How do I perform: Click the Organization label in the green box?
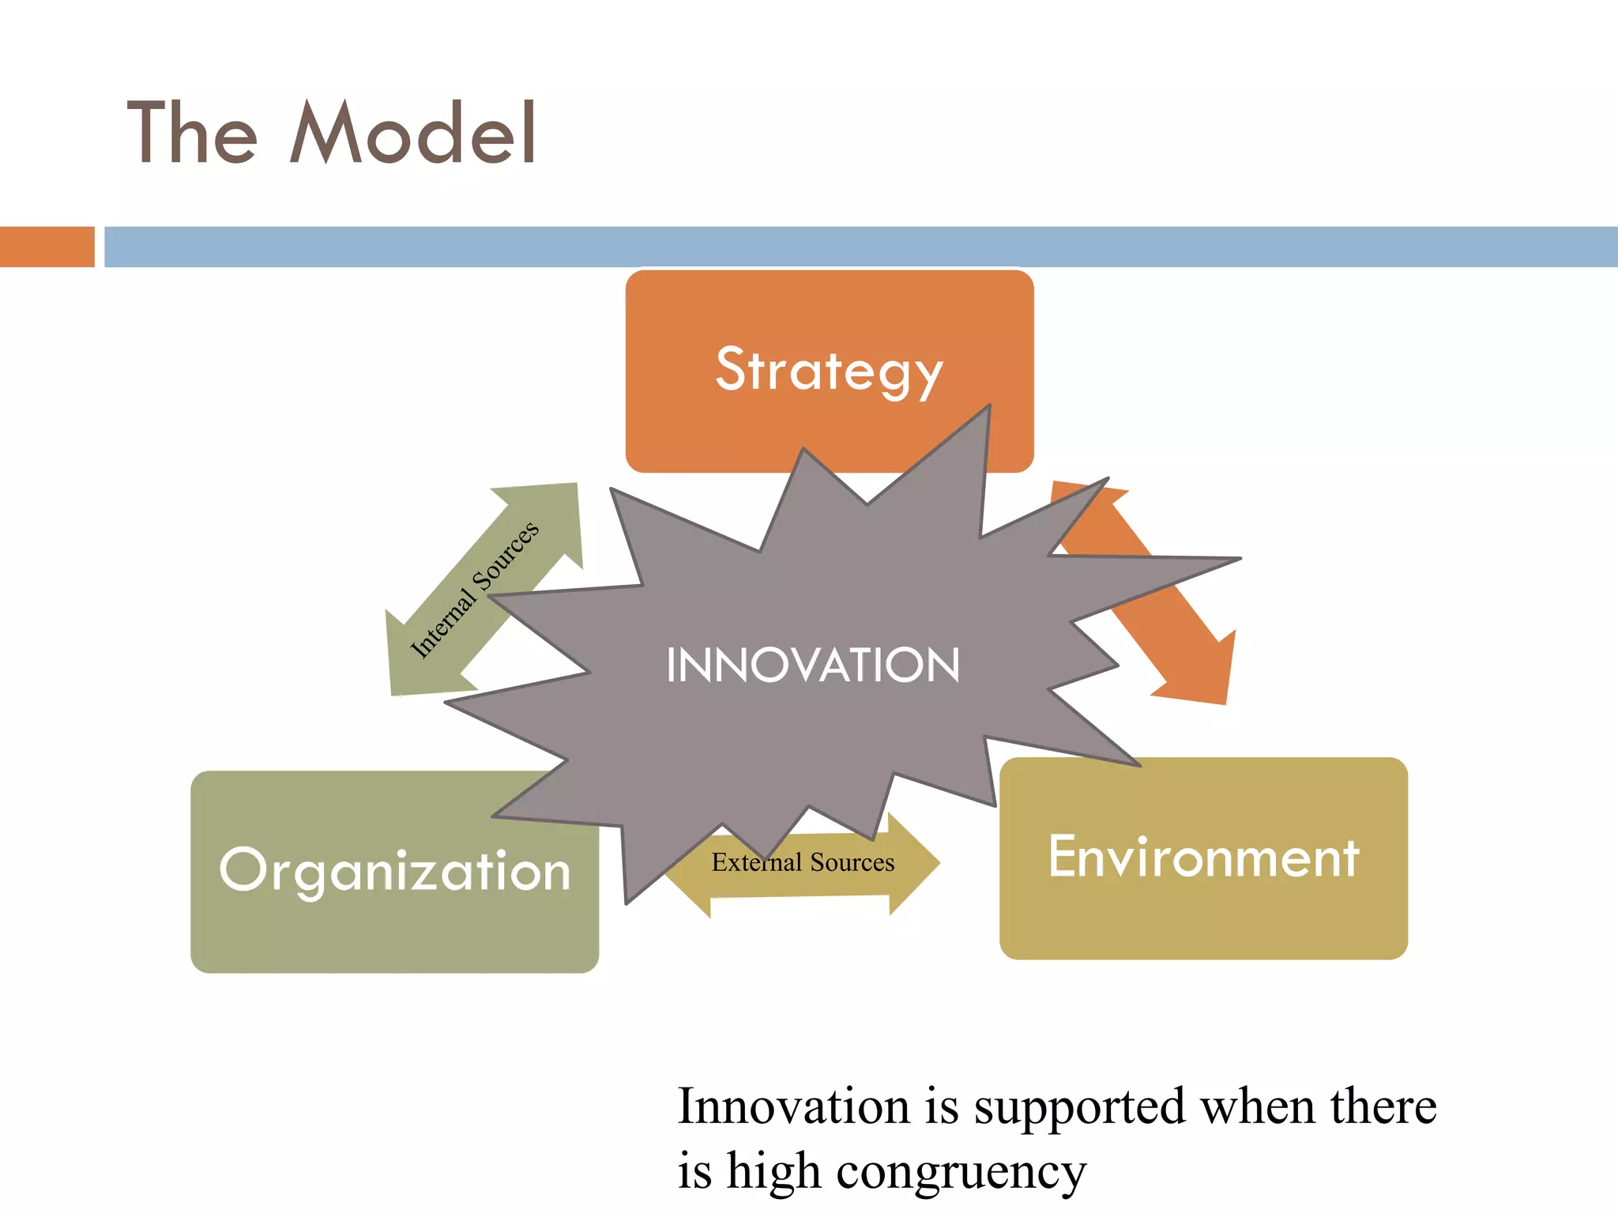pyautogui.click(x=394, y=871)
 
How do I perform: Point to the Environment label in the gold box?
pyautogui.click(x=1203, y=857)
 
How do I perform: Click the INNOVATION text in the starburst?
pyautogui.click(x=813, y=665)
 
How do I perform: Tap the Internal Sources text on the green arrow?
pyautogui.click(x=475, y=589)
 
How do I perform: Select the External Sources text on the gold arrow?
pyautogui.click(x=803, y=862)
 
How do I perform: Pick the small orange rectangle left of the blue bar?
pyautogui.click(x=47, y=247)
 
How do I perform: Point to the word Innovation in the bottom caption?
pyautogui.click(x=793, y=1107)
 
